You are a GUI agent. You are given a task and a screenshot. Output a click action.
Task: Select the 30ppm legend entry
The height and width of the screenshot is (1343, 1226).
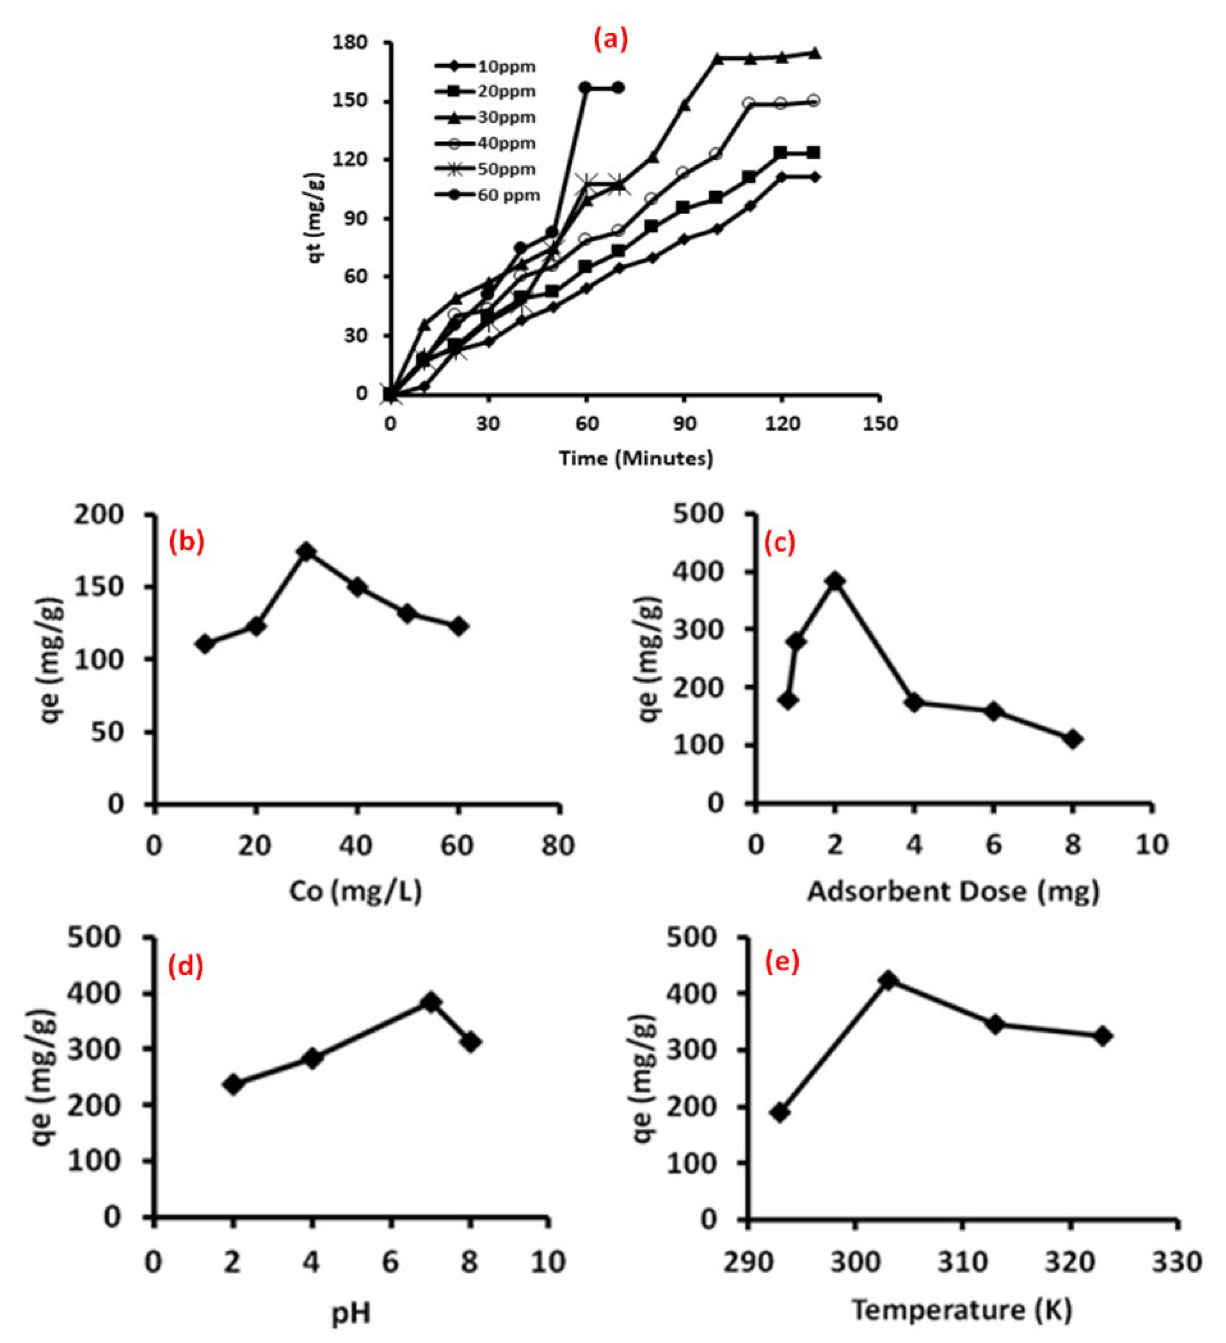click(x=486, y=117)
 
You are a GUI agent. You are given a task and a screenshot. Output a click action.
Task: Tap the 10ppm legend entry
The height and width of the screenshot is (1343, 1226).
click(x=486, y=66)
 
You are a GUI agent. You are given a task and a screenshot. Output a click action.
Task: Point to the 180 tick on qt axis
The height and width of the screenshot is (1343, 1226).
click(x=350, y=42)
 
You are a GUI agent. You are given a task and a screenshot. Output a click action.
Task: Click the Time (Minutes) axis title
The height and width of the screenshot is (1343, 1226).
click(x=636, y=458)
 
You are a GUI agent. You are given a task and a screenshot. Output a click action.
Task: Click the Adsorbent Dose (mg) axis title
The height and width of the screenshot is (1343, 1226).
click(x=954, y=891)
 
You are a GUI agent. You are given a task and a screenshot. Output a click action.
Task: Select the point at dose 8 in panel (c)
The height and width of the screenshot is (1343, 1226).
click(x=1073, y=740)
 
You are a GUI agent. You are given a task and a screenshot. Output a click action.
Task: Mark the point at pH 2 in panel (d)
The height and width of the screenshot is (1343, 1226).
click(x=233, y=1084)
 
